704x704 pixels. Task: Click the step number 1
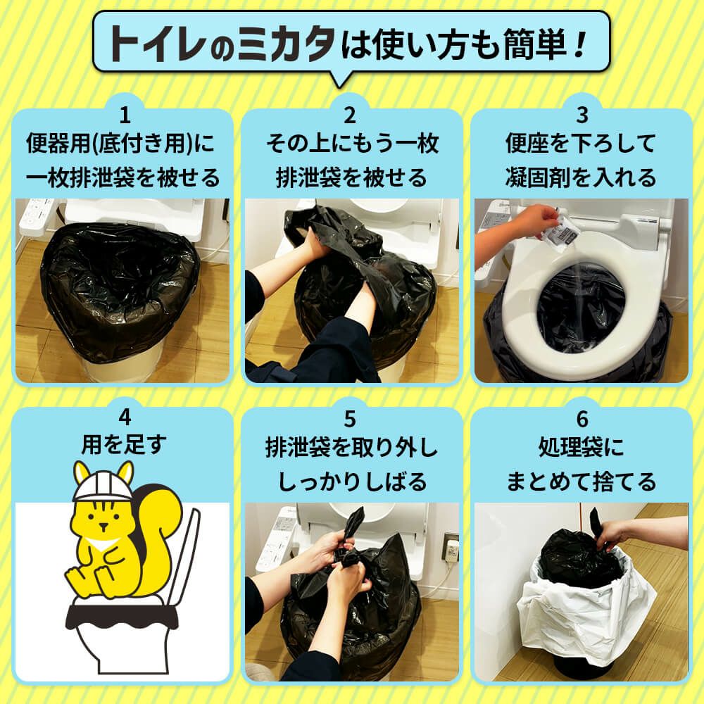pyautogui.click(x=124, y=114)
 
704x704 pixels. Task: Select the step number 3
pyautogui.click(x=581, y=114)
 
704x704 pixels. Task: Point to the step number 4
pyautogui.click(x=124, y=417)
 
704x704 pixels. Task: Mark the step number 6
pyautogui.click(x=581, y=417)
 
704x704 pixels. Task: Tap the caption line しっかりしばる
pyautogui.click(x=352, y=481)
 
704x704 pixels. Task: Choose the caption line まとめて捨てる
pyautogui.click(x=581, y=481)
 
